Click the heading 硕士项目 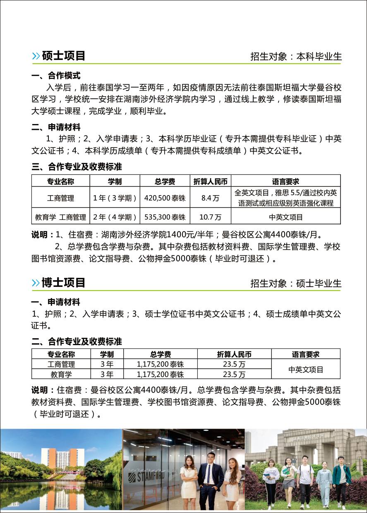[63, 56]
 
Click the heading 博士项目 [63, 282]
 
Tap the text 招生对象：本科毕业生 [296, 57]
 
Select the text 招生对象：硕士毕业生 [296, 283]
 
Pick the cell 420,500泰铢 [165, 198]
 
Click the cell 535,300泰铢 [165, 217]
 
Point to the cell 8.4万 [210, 198]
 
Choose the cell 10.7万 [210, 217]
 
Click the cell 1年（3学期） [115, 198]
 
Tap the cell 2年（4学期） [115, 217]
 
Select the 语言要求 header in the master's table [285, 181]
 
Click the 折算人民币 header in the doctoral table [234, 354]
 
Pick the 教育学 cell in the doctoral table [61, 375]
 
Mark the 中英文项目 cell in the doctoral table [306, 370]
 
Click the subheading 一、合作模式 [56, 76]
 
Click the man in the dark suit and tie [211, 480]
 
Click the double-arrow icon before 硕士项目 [36, 56]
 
